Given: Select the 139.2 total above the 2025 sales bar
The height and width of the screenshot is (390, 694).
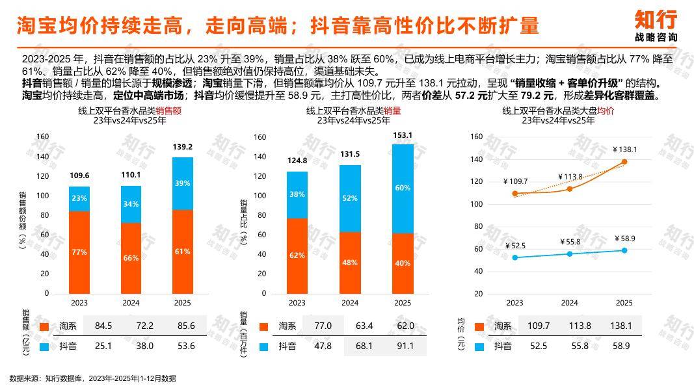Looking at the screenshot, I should coord(183,148).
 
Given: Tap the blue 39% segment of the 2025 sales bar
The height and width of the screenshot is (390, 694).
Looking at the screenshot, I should coord(183,183).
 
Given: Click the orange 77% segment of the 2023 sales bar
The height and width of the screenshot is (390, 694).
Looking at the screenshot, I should coord(79,252).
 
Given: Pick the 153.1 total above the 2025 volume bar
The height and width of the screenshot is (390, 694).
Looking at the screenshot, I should coord(403,135).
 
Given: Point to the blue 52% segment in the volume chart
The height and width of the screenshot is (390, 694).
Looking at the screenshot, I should coord(350,198).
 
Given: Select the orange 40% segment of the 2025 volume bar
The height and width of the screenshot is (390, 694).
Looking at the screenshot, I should coord(403,263).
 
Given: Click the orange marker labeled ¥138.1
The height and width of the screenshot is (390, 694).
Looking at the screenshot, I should coord(624,162).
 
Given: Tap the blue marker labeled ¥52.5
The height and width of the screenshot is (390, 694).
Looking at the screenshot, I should coord(515,257).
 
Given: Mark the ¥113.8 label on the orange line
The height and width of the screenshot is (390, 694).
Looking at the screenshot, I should coord(570,177).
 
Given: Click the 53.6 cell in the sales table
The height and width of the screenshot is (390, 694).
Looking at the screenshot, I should coord(186,346).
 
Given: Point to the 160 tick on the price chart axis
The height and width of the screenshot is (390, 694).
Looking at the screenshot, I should coord(494,136).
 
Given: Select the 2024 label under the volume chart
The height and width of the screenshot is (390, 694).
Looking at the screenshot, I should coord(350,303).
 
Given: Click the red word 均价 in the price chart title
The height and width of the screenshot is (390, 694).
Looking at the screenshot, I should coord(606,111).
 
